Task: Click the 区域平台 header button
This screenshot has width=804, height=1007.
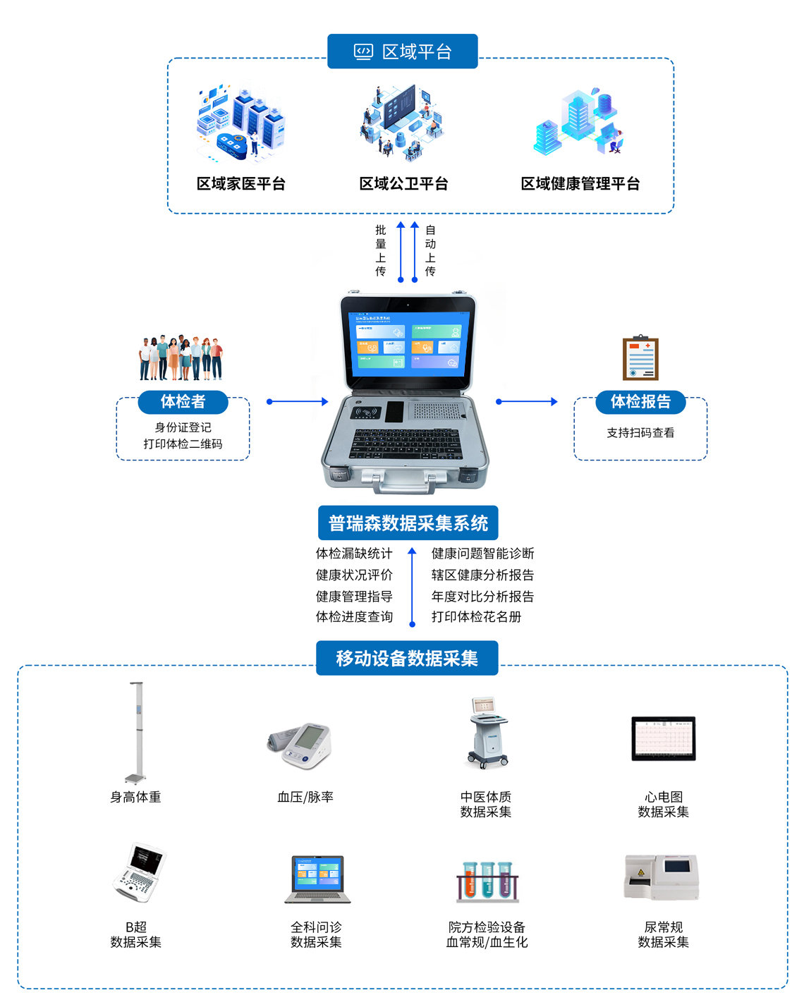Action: [x=402, y=51]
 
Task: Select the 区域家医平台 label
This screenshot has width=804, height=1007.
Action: [x=241, y=184]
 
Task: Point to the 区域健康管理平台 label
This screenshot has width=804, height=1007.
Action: [x=580, y=184]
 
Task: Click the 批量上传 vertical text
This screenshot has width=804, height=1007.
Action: [x=381, y=250]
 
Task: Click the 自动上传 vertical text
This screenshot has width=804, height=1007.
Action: [x=430, y=250]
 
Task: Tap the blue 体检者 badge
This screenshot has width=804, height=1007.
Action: [x=183, y=402]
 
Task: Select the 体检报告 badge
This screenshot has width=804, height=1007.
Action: [x=640, y=402]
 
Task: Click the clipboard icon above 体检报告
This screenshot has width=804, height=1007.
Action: [x=640, y=358]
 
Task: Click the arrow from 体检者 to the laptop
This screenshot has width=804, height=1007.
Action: [x=298, y=402]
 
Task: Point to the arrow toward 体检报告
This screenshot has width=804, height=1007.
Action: [x=527, y=402]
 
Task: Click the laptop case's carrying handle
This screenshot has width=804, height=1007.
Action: [x=405, y=484]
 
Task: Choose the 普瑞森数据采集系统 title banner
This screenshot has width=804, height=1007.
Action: [x=408, y=523]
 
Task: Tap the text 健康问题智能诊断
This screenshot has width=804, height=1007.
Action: [x=482, y=554]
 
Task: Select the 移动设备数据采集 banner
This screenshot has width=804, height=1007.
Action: [x=407, y=658]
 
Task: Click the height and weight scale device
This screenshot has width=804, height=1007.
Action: [x=136, y=733]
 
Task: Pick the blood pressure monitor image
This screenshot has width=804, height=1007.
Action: [x=302, y=745]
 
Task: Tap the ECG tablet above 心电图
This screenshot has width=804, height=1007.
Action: [x=663, y=738]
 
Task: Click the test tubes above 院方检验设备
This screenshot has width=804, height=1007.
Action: [x=487, y=881]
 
